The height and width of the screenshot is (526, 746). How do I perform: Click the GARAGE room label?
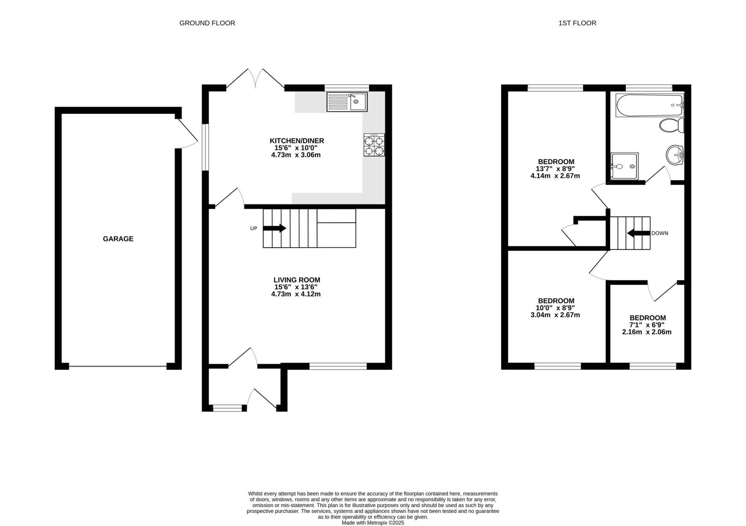coord(118,239)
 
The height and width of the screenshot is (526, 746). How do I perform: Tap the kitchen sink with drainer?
coord(347,102)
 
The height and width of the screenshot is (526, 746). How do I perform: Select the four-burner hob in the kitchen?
coord(374,145)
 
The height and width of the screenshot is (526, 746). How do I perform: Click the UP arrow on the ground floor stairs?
coord(274,228)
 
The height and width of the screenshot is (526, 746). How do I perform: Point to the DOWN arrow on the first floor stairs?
coord(639,233)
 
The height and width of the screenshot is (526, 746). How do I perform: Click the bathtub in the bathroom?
coord(649,105)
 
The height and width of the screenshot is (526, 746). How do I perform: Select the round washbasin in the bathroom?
coord(675,156)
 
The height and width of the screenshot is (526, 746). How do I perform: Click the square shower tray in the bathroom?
coord(624,166)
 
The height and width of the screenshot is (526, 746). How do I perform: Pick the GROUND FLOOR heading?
coord(207,23)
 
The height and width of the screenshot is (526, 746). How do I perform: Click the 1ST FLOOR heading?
coord(577,23)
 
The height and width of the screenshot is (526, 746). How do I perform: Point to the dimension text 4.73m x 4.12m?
coord(296,294)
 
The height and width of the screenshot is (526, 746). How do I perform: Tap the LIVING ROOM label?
coord(296,280)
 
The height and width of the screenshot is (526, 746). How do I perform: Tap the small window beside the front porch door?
coord(227,408)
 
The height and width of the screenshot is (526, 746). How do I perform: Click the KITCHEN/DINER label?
coord(297,141)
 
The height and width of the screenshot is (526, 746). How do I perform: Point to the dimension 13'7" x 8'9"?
coord(555,169)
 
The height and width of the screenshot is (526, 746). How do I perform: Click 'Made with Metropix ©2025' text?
coord(373,523)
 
